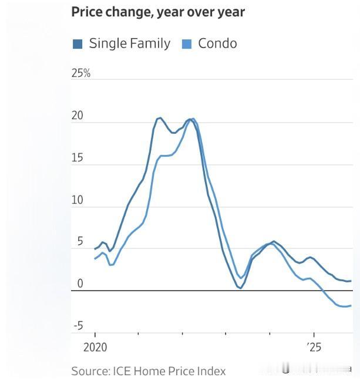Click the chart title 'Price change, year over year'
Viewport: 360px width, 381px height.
(158, 12)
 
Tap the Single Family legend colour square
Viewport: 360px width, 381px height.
(78, 43)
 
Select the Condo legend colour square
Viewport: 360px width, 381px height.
(187, 43)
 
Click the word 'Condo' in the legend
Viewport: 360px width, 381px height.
(217, 43)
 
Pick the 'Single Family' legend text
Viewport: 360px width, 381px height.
(129, 43)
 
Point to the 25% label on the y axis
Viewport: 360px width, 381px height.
(80, 73)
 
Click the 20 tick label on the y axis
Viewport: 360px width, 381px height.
(78, 116)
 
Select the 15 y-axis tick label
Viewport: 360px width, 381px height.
(77, 159)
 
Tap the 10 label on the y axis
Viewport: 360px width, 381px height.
(78, 200)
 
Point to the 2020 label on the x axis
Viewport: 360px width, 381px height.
(95, 347)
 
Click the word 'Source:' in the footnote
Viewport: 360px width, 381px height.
(89, 371)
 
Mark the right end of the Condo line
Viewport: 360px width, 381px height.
(351, 305)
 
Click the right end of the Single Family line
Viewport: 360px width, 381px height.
(351, 281)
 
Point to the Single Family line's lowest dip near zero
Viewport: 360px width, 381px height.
(240, 288)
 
